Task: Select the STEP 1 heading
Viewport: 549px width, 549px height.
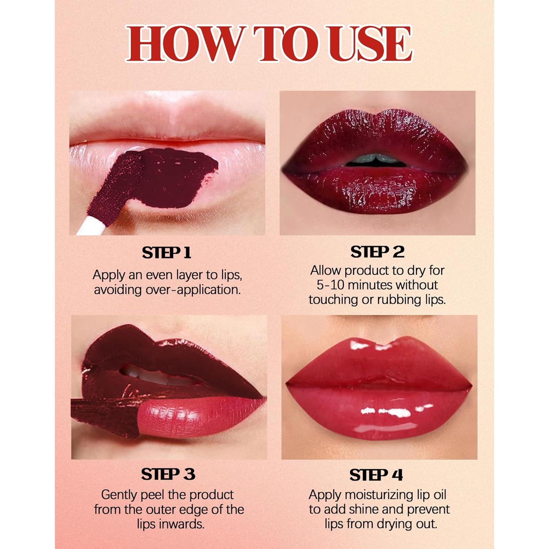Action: coord(167,253)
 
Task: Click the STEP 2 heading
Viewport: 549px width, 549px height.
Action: coord(377,252)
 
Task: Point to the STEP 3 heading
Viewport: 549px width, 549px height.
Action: coord(168,474)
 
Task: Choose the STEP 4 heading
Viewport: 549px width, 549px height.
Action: coord(376,475)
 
